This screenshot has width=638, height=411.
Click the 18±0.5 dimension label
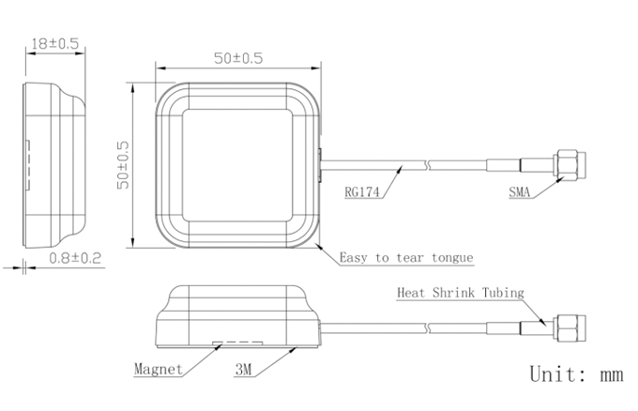(55, 43)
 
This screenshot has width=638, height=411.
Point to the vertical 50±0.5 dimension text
(123, 165)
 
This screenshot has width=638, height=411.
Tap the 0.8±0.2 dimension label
(75, 258)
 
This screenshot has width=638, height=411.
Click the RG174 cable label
(362, 191)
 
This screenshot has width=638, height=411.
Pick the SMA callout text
(520, 191)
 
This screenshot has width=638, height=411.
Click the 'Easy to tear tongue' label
(406, 258)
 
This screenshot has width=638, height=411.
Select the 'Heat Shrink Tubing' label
(461, 293)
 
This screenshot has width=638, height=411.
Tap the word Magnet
(159, 369)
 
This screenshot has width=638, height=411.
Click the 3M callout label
(243, 370)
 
